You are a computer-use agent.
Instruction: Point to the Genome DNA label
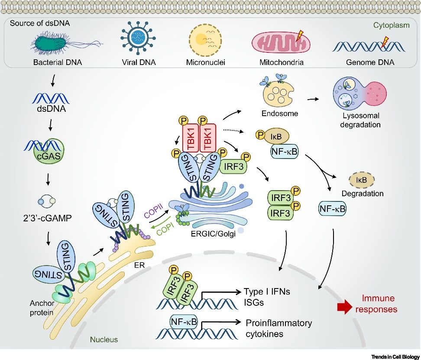point(370,62)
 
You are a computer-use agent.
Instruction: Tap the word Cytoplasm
point(391,26)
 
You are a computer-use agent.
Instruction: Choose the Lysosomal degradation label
point(360,120)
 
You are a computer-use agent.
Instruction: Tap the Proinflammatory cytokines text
point(279,328)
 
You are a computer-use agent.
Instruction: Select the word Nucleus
point(104,340)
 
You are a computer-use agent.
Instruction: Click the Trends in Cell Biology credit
point(395,356)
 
